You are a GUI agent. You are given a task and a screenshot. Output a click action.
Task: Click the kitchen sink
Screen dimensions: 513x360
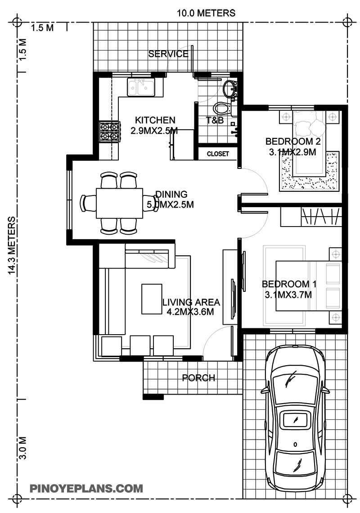(x=141, y=87)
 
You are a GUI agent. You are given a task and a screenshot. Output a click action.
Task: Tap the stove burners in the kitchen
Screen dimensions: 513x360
(x=109, y=131)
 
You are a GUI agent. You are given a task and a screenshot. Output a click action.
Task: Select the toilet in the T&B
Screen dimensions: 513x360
(x=221, y=108)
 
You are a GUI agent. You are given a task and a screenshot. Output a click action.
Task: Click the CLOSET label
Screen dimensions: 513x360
(x=218, y=154)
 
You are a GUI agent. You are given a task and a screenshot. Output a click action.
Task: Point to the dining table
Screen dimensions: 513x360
(x=119, y=203)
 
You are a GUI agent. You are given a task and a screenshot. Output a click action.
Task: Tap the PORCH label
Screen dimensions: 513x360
(x=198, y=378)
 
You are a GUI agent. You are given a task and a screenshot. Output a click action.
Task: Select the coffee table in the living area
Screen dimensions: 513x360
(x=152, y=299)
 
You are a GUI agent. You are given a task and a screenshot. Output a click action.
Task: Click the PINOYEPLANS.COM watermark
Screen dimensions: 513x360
(x=86, y=488)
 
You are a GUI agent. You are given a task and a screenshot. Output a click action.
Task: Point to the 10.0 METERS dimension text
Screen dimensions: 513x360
(x=206, y=13)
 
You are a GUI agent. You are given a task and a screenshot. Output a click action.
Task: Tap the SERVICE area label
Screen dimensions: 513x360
(x=168, y=54)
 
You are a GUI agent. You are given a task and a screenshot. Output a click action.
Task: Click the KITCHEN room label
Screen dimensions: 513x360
(x=155, y=120)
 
